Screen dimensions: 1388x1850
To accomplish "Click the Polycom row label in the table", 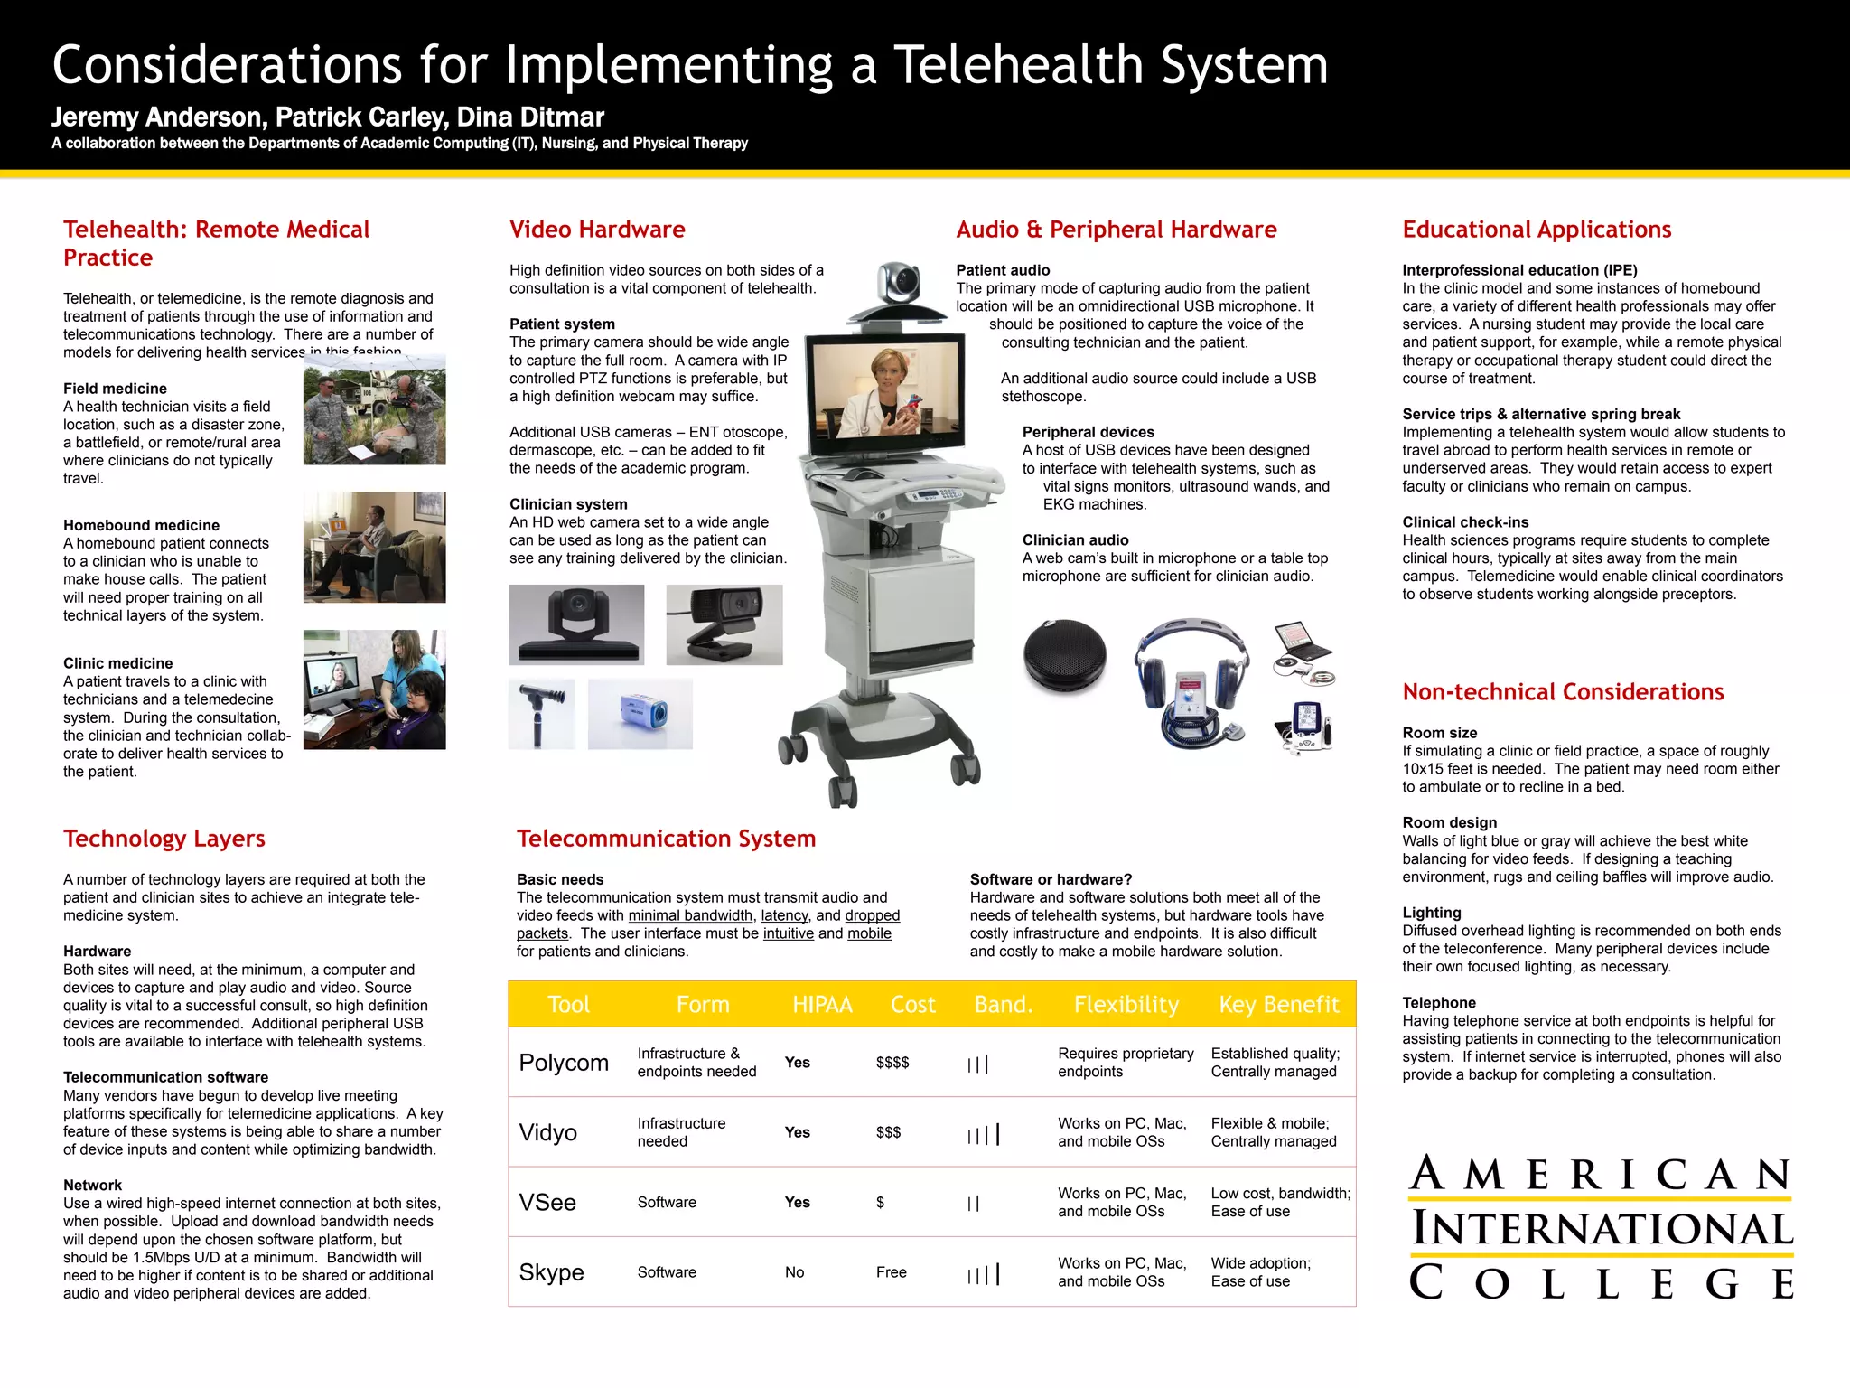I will pyautogui.click(x=564, y=1063).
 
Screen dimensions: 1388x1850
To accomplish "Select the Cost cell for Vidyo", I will pyautogui.click(x=888, y=1132).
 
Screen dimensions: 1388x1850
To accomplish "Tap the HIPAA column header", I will pyautogui.click(x=822, y=1005).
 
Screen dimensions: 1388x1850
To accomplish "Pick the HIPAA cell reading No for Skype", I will pyautogui.click(x=794, y=1272).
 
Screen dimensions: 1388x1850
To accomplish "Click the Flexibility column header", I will pyautogui.click(x=1126, y=1005).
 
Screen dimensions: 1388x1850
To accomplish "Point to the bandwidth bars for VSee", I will pyautogui.click(x=973, y=1204).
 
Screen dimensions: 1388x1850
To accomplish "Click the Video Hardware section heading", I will pyautogui.click(x=597, y=230).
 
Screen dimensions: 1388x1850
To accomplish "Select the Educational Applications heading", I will pyautogui.click(x=1537, y=230).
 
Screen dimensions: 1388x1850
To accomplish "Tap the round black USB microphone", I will pyautogui.click(x=1065, y=655).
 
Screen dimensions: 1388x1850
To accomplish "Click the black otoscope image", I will pyautogui.click(x=542, y=714).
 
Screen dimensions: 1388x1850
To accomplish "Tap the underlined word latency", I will pyautogui.click(x=784, y=915).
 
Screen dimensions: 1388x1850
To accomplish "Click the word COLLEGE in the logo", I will pyautogui.click(x=1601, y=1284).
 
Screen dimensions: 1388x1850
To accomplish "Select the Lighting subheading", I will pyautogui.click(x=1431, y=913).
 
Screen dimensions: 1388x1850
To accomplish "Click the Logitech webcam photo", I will pyautogui.click(x=724, y=624).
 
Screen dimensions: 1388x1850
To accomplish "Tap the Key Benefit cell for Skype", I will pyautogui.click(x=1260, y=1272).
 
